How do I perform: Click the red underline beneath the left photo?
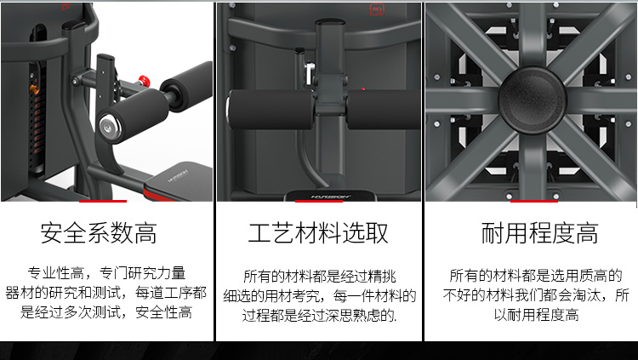[x=103, y=202]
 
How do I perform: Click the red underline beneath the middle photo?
[x=318, y=202]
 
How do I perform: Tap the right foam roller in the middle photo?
[x=379, y=109]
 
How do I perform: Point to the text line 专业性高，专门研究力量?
[x=106, y=273]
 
